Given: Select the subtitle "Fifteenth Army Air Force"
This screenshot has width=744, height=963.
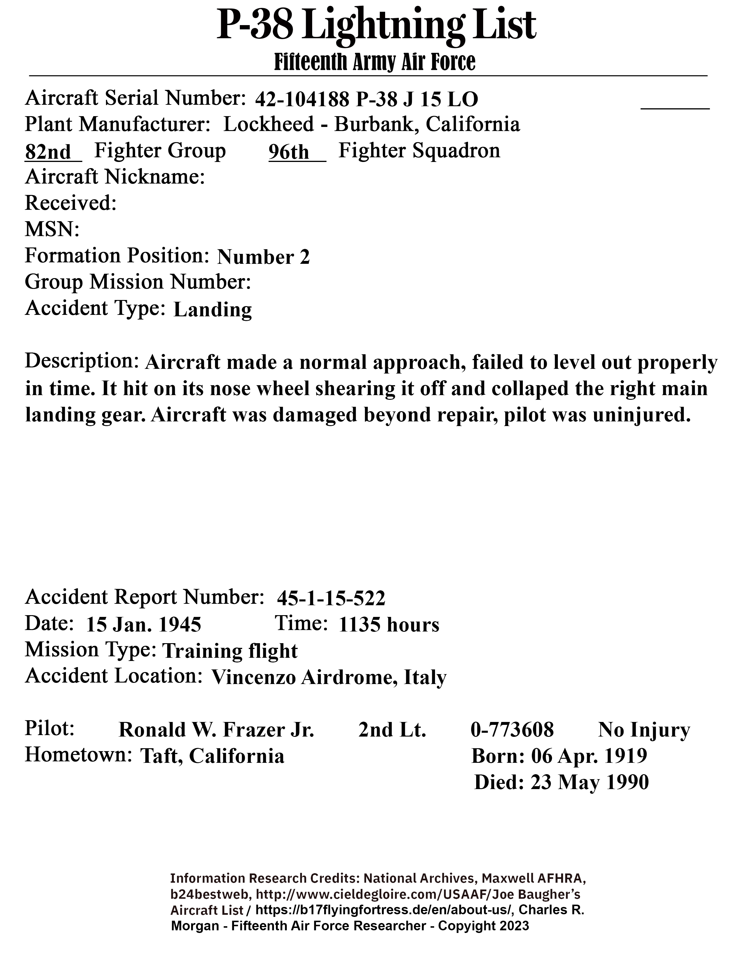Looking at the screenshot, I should pyautogui.click(x=375, y=62).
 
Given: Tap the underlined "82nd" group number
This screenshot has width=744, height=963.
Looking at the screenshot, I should pyautogui.click(x=48, y=152).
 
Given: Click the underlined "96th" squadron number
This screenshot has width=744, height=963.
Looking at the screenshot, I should pyautogui.click(x=290, y=152).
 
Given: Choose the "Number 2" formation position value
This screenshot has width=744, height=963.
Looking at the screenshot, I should pyautogui.click(x=263, y=257).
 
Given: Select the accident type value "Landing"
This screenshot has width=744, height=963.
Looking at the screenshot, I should pyautogui.click(x=212, y=310).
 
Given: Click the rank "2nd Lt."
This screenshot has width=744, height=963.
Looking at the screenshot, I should pyautogui.click(x=392, y=730).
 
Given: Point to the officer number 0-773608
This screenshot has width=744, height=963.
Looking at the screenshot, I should pyautogui.click(x=512, y=730).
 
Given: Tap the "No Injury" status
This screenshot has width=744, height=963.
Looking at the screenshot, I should pyautogui.click(x=644, y=730).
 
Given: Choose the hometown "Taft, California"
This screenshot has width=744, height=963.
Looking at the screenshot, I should pyautogui.click(x=212, y=756).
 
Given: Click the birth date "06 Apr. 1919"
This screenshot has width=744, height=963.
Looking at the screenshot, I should pyautogui.click(x=589, y=756).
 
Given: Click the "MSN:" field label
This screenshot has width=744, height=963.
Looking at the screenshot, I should pyautogui.click(x=52, y=230).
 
